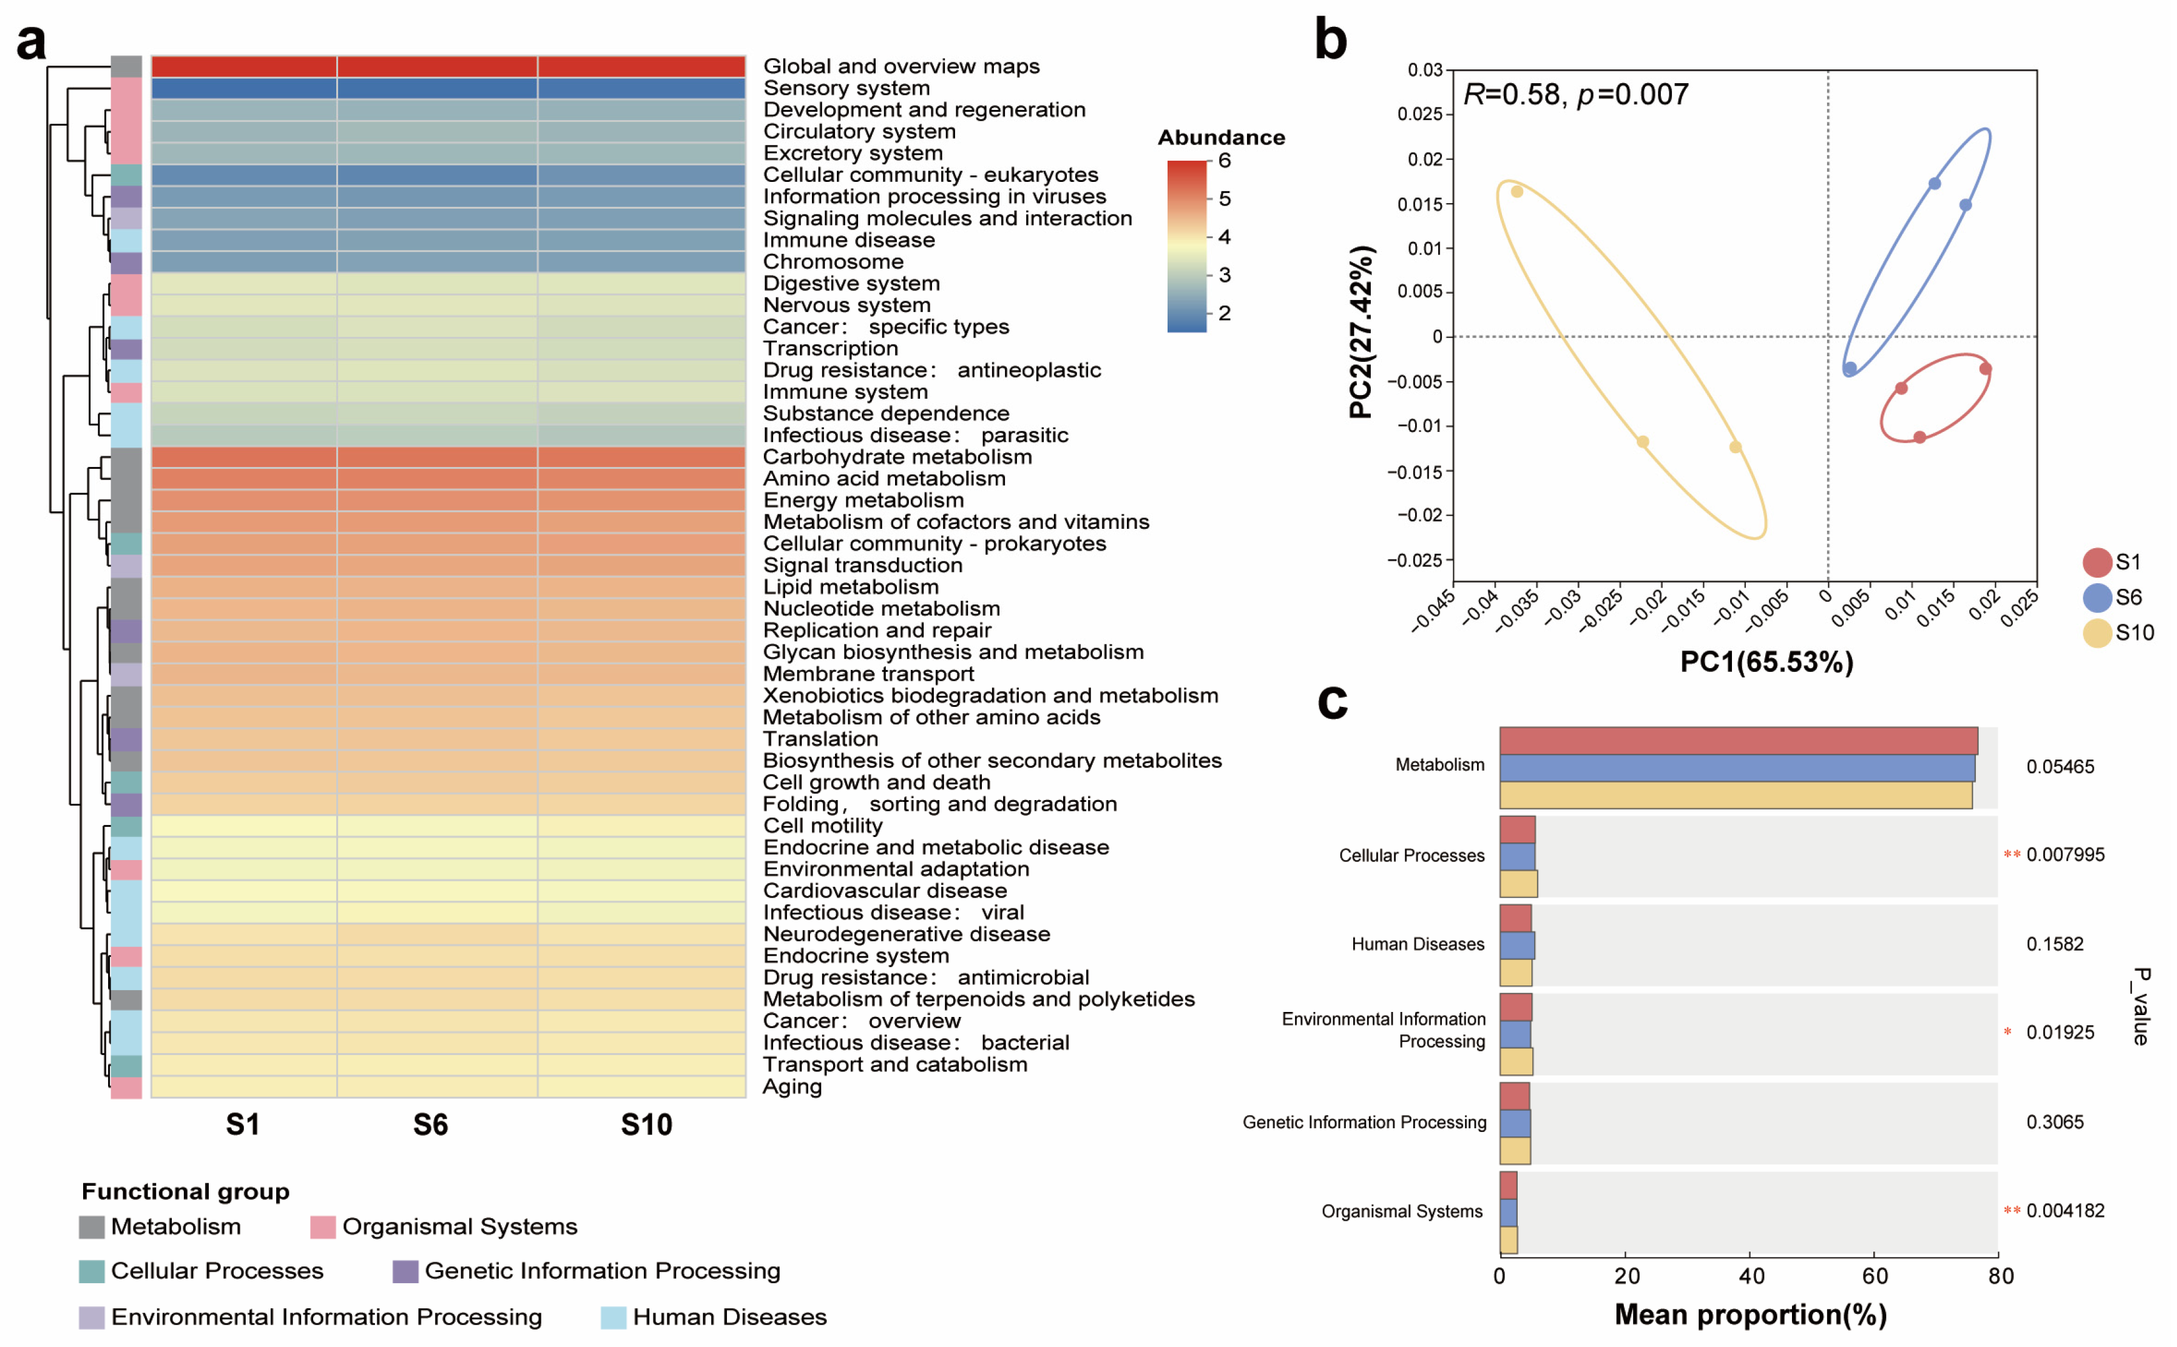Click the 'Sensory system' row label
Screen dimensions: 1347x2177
click(x=846, y=88)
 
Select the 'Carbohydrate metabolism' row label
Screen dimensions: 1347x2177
click(x=897, y=457)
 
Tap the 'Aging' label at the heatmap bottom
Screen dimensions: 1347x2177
click(x=792, y=1087)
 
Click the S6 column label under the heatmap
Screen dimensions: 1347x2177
click(x=430, y=1125)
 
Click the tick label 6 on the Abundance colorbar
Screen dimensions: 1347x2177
click(x=1225, y=161)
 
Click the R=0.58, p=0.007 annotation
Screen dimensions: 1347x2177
click(x=1575, y=94)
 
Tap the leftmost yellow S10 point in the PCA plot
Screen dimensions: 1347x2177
click(x=1517, y=191)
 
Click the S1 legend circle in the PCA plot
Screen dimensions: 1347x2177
click(x=2097, y=562)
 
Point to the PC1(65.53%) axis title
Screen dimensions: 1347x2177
click(x=1766, y=662)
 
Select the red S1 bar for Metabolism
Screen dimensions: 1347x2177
click(x=1737, y=740)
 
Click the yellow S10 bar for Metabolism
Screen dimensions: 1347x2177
click(x=1734, y=796)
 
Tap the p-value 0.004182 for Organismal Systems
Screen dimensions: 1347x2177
click(x=2064, y=1211)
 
